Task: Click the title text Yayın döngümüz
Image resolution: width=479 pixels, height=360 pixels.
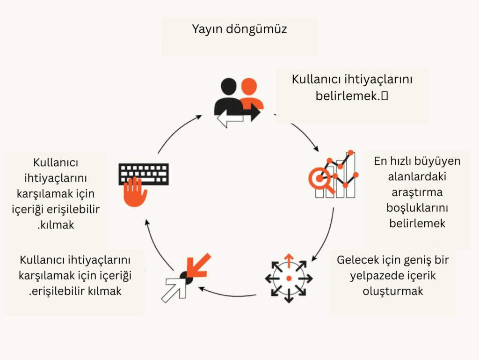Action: click(x=239, y=29)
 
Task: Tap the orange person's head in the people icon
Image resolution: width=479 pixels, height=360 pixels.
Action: click(x=249, y=87)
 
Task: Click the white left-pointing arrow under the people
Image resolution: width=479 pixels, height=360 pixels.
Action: click(x=229, y=121)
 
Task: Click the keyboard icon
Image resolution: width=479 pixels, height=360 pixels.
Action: click(x=144, y=174)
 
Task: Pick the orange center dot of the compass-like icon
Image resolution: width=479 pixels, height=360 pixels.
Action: click(x=289, y=278)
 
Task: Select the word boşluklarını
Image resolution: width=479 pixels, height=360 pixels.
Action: click(x=417, y=207)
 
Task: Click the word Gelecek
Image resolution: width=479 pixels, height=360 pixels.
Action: click(x=357, y=260)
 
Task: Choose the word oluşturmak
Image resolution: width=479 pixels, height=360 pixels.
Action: click(x=393, y=291)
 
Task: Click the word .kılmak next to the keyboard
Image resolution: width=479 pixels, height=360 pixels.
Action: click(x=56, y=225)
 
